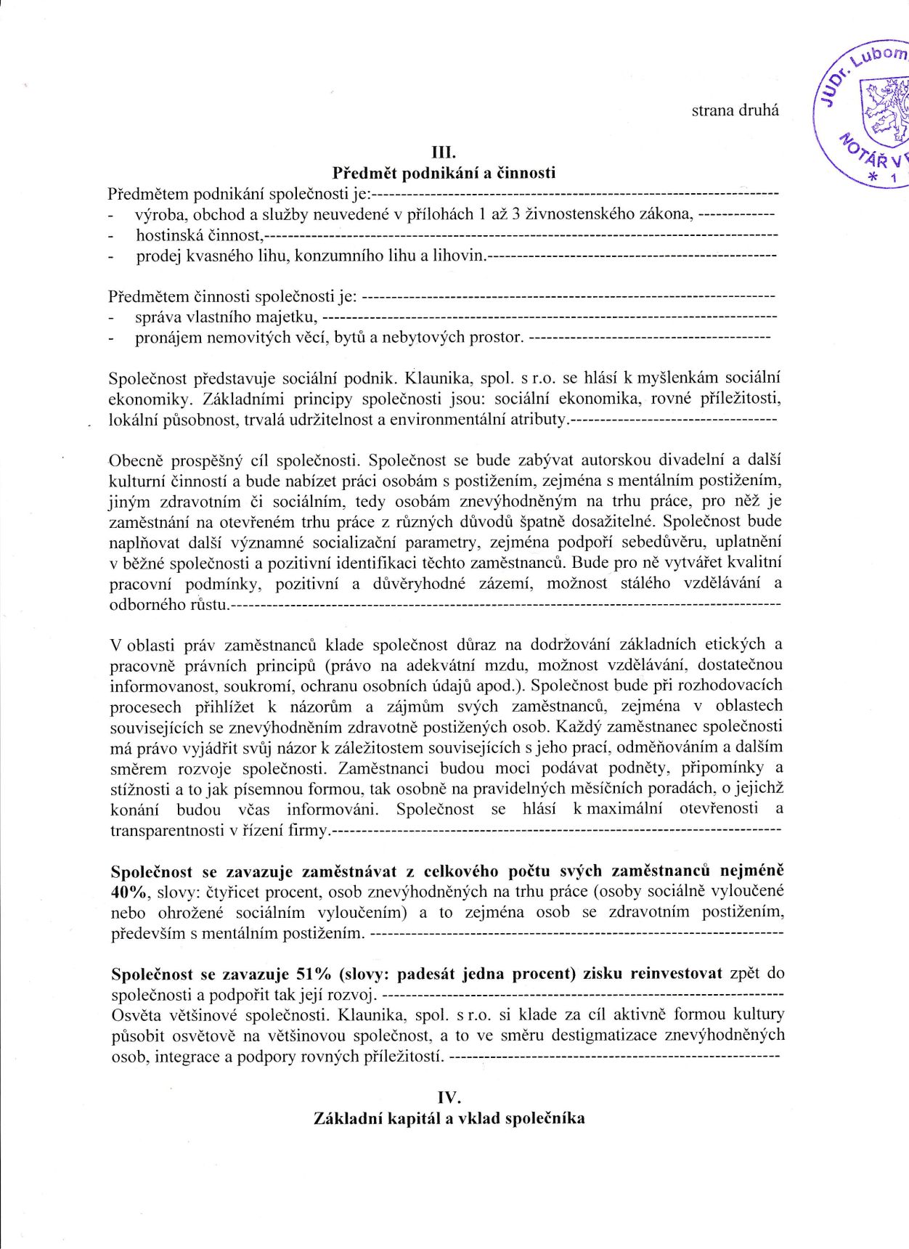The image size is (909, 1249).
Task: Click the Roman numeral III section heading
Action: click(x=444, y=152)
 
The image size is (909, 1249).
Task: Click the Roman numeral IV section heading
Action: click(x=449, y=1097)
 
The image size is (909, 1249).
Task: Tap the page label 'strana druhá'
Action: click(x=735, y=110)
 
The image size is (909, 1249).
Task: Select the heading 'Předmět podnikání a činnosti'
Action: click(x=444, y=173)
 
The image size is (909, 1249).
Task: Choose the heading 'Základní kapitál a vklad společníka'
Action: click(x=449, y=1118)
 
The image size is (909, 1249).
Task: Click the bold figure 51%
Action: click(x=314, y=974)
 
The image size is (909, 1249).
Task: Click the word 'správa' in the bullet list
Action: click(x=159, y=317)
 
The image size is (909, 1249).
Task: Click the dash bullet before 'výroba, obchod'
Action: click(x=110, y=215)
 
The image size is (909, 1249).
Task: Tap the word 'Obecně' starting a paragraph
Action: click(x=134, y=460)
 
